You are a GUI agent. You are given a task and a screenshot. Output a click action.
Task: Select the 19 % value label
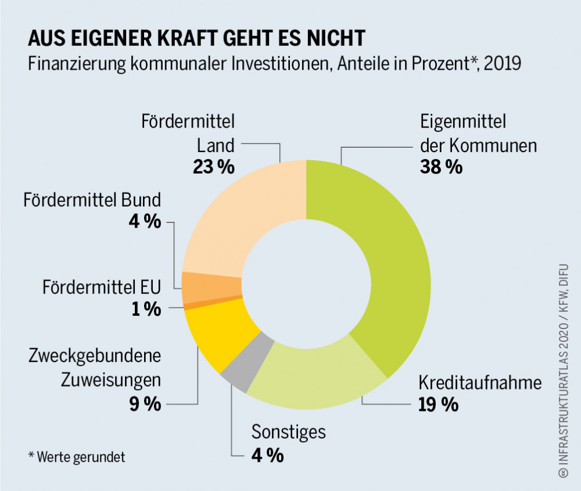(438, 404)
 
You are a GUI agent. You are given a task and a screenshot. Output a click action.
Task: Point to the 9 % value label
(145, 404)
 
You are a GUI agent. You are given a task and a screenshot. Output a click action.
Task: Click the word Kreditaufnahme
(480, 383)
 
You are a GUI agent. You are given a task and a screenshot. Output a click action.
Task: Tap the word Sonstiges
(289, 432)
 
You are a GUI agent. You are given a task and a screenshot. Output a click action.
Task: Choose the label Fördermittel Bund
(92, 200)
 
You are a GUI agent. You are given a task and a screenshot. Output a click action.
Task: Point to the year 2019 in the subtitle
(502, 63)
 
